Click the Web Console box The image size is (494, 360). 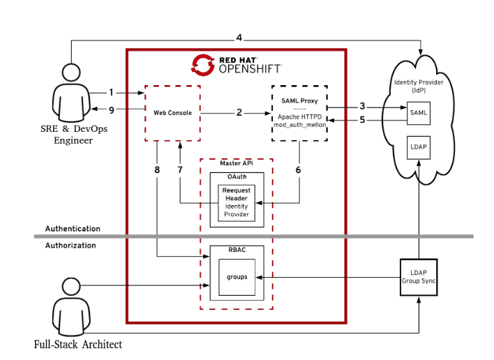pos(172,113)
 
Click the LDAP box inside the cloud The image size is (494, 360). pos(419,147)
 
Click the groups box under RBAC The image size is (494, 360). pos(237,277)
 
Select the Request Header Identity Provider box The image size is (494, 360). pos(237,202)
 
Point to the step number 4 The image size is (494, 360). pos(239,37)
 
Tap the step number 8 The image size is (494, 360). pos(157,170)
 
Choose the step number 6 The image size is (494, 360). pos(299,170)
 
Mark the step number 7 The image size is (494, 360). pos(179,170)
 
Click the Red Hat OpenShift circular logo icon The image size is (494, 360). pos(202,64)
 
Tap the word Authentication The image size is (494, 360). pos(73,229)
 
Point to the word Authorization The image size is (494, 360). pos(70,246)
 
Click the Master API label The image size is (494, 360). pos(235,163)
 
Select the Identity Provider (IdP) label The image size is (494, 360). pos(419,87)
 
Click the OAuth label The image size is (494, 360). pos(237,177)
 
